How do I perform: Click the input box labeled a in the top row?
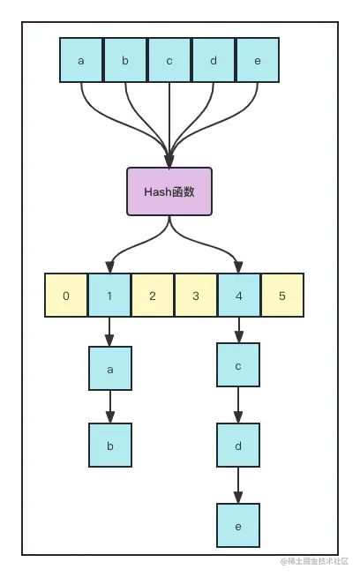(x=81, y=60)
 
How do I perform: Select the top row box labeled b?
(x=125, y=60)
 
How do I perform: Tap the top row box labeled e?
(x=258, y=60)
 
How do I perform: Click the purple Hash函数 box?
(x=169, y=191)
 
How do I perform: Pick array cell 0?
(x=66, y=295)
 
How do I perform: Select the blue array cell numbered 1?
(x=109, y=295)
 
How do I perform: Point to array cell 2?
(x=153, y=295)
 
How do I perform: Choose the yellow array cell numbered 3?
(x=196, y=295)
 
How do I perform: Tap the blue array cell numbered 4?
(x=239, y=295)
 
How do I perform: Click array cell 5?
(x=282, y=295)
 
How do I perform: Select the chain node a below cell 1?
(x=110, y=369)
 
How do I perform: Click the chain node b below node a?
(x=110, y=446)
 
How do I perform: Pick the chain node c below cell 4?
(x=238, y=365)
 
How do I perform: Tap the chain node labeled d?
(x=238, y=446)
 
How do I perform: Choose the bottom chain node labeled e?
(x=238, y=525)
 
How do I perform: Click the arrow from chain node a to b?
(x=110, y=407)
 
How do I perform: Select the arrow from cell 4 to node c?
(x=238, y=330)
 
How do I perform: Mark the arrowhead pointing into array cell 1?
(x=110, y=267)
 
